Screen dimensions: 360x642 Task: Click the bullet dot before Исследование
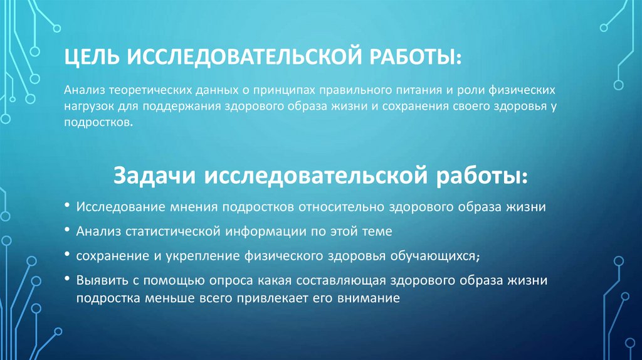pyautogui.click(x=68, y=206)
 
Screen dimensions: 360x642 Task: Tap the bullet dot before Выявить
pyautogui.click(x=68, y=281)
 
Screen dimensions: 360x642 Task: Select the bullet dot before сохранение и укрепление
pyautogui.click(x=68, y=256)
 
